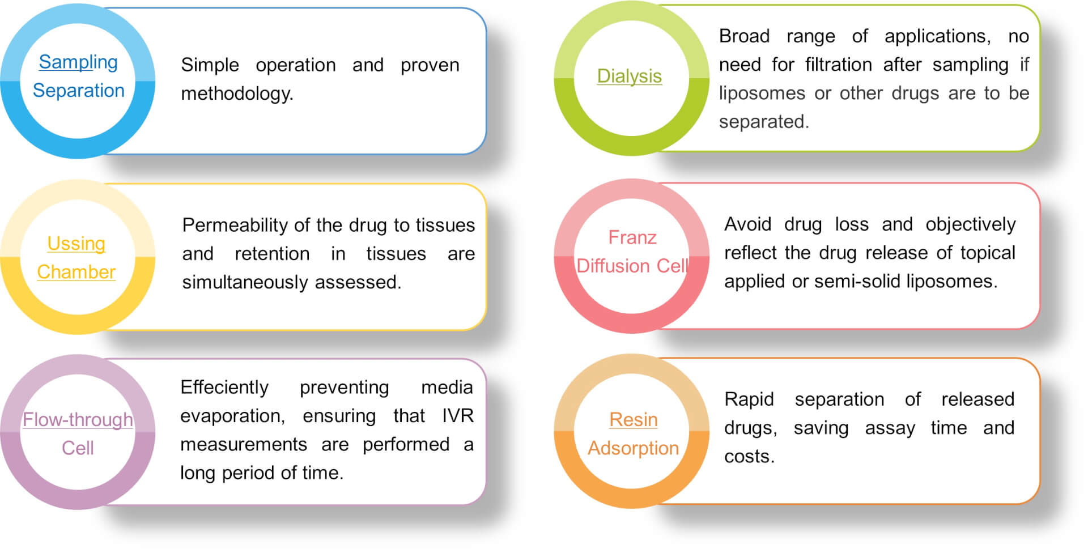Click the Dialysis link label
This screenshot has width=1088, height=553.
pyautogui.click(x=629, y=76)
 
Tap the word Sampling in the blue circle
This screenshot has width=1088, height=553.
pyautogui.click(x=78, y=62)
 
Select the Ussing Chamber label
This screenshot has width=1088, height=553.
pyautogui.click(x=76, y=258)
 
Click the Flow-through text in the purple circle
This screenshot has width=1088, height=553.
pyautogui.click(x=78, y=420)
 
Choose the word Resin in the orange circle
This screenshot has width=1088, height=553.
pyautogui.click(x=633, y=420)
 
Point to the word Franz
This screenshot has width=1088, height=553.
pyautogui.click(x=632, y=237)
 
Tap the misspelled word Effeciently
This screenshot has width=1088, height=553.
pyautogui.click(x=224, y=388)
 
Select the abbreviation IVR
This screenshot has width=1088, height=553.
pyautogui.click(x=457, y=416)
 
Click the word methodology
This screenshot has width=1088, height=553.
pyautogui.click(x=237, y=93)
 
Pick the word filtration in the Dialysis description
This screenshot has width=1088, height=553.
pyautogui.click(x=838, y=65)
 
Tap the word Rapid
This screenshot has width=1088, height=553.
pyautogui.click(x=749, y=399)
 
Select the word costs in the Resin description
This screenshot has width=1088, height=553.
pyautogui.click(x=749, y=457)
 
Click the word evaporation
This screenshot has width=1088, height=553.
pyautogui.click(x=232, y=416)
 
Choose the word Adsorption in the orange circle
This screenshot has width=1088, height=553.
pyautogui.click(x=633, y=448)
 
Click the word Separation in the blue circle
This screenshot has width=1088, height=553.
pyautogui.click(x=78, y=91)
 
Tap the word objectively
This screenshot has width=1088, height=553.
pyautogui.click(x=970, y=224)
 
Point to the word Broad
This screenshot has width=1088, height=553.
pyautogui.click(x=744, y=36)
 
